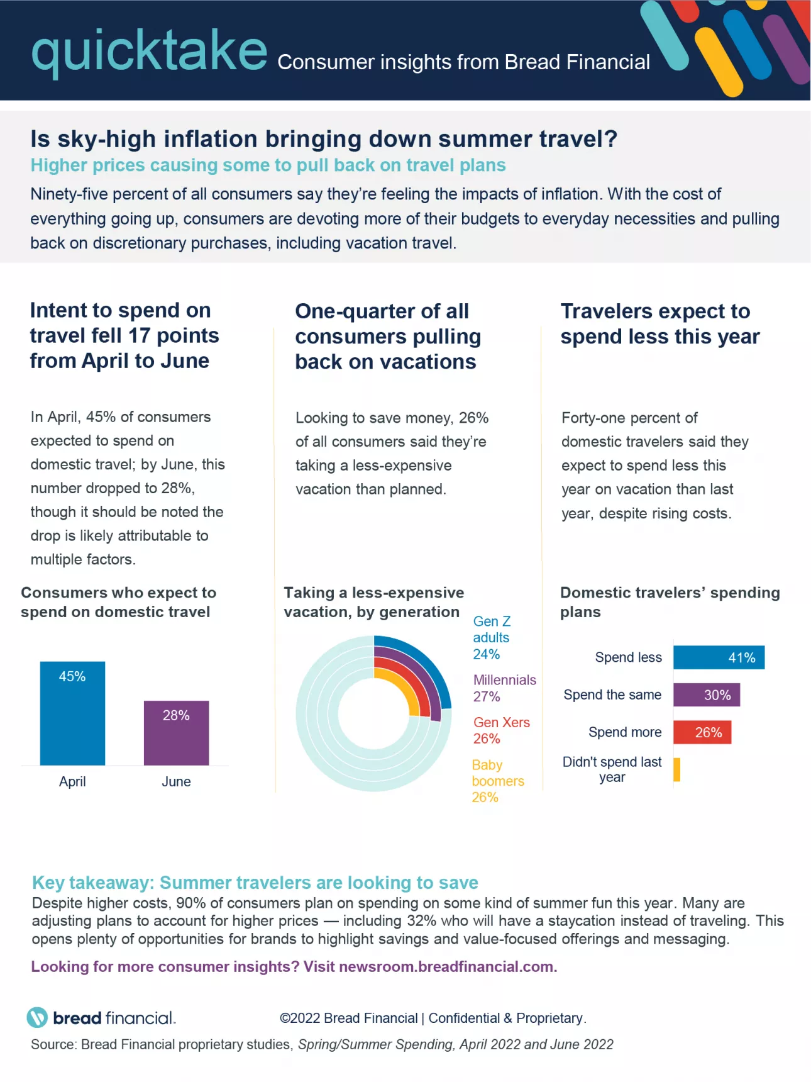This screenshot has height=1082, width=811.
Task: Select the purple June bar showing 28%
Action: tap(176, 733)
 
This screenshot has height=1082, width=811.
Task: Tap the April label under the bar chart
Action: tap(72, 781)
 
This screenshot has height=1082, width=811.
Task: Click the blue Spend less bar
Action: tap(719, 657)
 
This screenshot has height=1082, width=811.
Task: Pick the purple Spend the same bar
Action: tap(706, 695)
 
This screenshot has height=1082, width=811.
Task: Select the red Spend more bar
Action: tap(702, 732)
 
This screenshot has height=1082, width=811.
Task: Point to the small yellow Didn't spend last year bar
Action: tap(676, 769)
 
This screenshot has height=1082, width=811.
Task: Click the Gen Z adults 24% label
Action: tap(491, 638)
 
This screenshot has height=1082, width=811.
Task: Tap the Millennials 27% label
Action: tap(504, 688)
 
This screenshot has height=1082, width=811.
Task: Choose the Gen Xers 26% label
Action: tap(501, 730)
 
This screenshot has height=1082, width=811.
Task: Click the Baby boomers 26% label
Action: tap(497, 781)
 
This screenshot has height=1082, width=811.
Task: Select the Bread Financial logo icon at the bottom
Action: tap(37, 1017)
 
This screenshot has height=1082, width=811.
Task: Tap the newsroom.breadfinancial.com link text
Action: tap(447, 967)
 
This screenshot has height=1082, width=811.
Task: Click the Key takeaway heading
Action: tap(255, 883)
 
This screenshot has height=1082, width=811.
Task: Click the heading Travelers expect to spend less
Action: tap(659, 324)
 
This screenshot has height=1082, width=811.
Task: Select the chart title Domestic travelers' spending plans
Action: tap(669, 602)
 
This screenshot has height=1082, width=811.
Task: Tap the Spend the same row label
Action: tap(612, 694)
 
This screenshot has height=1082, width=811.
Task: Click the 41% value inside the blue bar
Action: tap(741, 657)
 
